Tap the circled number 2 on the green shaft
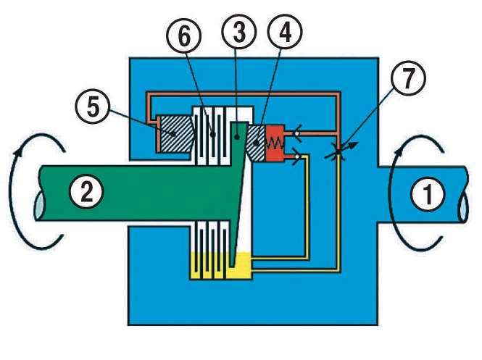click(86, 191)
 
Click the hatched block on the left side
click(175, 135)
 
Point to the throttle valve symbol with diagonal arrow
click(336, 153)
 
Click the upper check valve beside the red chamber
click(296, 133)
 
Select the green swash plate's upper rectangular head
click(239, 133)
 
